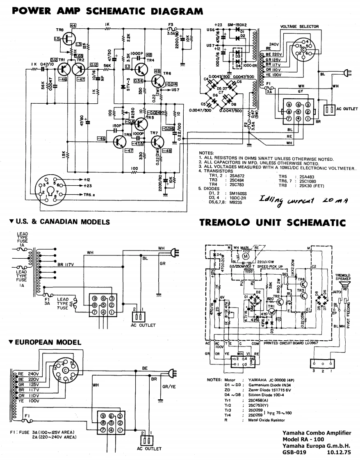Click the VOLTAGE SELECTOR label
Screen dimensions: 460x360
(299, 26)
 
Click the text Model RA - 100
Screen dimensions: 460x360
(303, 440)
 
